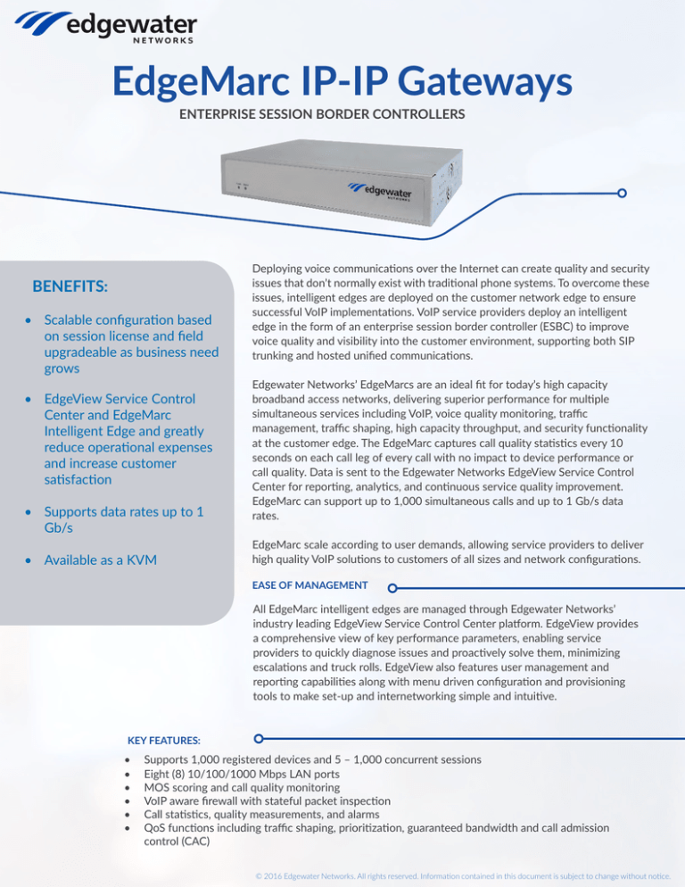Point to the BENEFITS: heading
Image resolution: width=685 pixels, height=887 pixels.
(x=70, y=286)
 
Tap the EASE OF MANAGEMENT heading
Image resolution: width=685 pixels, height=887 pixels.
(x=309, y=585)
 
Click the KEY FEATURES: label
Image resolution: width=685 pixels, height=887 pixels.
(x=164, y=741)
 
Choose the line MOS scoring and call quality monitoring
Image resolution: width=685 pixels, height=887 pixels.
(x=241, y=789)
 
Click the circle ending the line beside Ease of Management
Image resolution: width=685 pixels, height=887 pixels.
(x=392, y=588)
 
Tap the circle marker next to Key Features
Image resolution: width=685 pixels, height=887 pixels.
(x=259, y=739)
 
